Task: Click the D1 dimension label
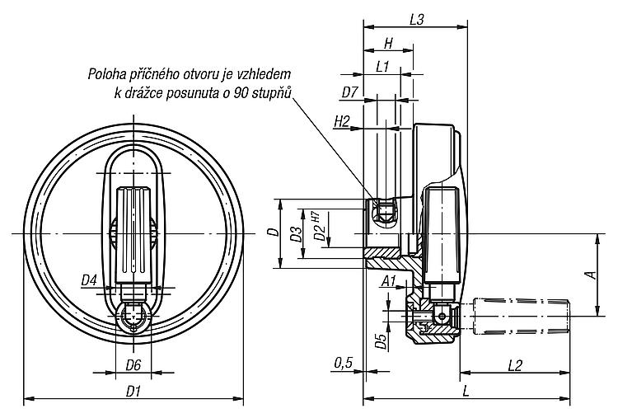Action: (133, 392)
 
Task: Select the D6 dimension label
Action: (133, 365)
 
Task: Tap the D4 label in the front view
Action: (89, 280)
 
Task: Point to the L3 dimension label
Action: (416, 20)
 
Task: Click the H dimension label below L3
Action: (388, 44)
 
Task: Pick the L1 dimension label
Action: (382, 67)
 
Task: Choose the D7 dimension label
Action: (349, 92)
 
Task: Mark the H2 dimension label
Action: (342, 122)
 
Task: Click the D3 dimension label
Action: (296, 233)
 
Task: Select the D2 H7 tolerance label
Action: (319, 226)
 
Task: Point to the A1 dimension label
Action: (389, 281)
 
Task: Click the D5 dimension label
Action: (381, 341)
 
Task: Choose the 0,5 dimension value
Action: (344, 363)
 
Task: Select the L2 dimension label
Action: (515, 365)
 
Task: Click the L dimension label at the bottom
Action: (466, 392)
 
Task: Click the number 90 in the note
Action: (241, 92)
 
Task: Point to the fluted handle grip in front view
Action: (133, 235)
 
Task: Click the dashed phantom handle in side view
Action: (521, 316)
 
